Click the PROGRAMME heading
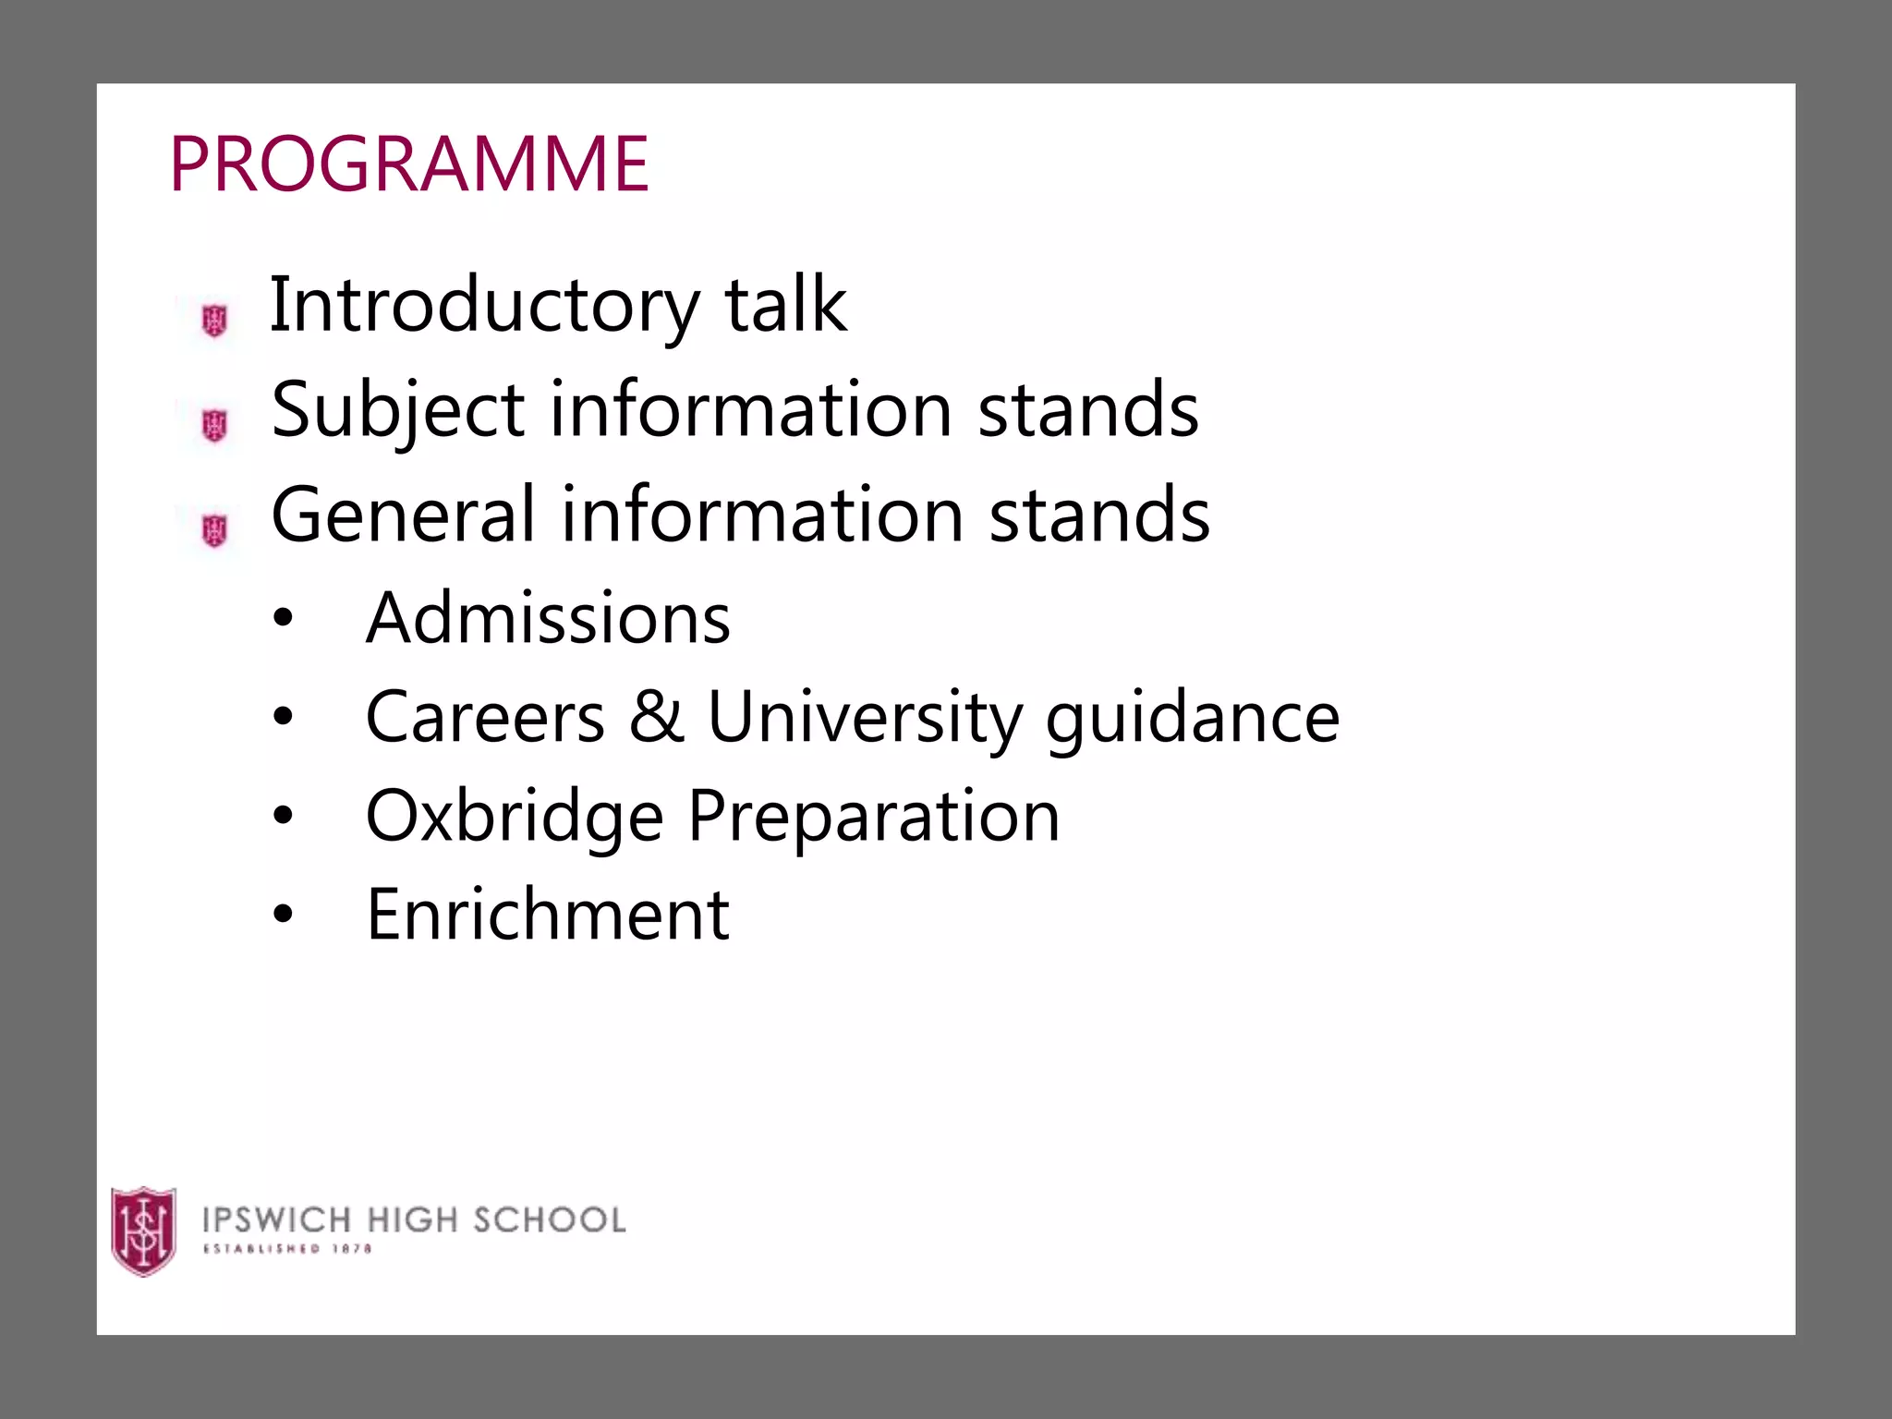pos(409,164)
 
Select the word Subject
pos(398,410)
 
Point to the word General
pos(404,515)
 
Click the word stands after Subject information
pos(1088,410)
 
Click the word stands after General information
pos(1099,515)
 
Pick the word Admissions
pos(548,618)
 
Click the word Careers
pos(485,717)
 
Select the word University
pos(865,718)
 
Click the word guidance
pos(1192,718)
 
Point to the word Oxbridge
pos(515,817)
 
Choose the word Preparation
pos(874,817)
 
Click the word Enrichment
pos(548,915)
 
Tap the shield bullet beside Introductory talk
pos(214,321)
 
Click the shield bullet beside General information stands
pos(214,530)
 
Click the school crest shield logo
pos(143,1231)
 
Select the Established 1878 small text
pos(287,1249)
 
